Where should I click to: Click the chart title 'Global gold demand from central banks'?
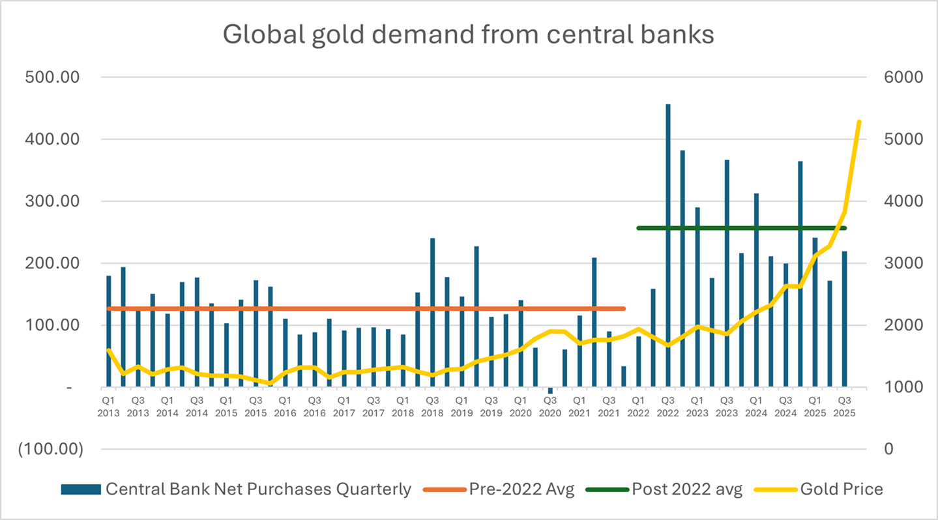point(468,35)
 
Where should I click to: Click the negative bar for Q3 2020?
point(550,390)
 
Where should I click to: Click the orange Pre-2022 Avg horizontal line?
point(365,308)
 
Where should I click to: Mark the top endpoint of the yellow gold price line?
point(859,122)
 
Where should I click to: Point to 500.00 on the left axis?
point(52,78)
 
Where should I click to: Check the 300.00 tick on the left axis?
point(52,201)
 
